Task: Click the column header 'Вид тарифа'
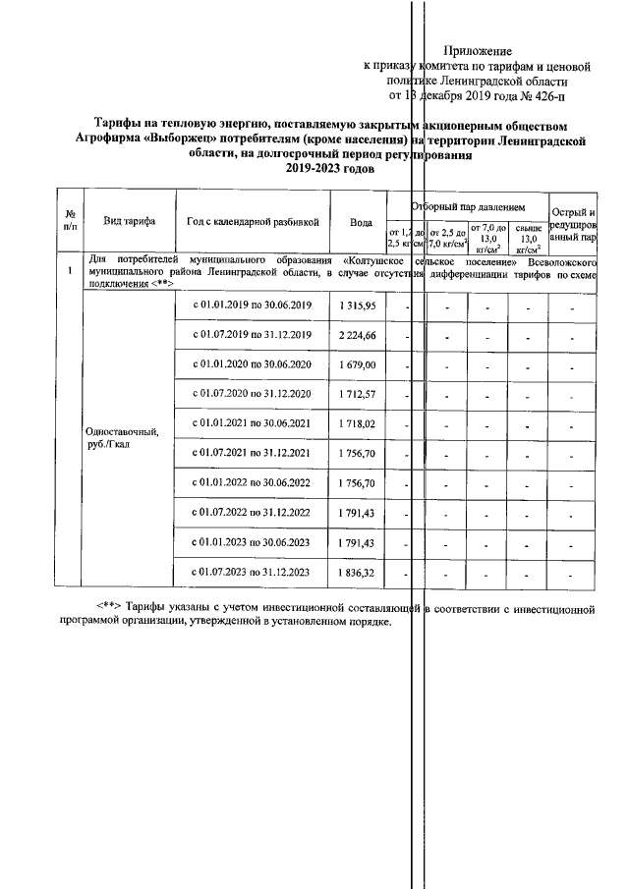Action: click(x=130, y=221)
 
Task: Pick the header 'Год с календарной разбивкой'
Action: click(x=254, y=221)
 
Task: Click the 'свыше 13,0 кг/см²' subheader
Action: click(x=528, y=237)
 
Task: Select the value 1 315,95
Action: click(x=358, y=307)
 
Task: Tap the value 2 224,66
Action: click(x=358, y=336)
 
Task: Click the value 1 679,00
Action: click(x=358, y=365)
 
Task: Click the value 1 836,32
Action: click(x=358, y=571)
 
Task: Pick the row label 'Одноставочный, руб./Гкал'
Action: click(x=121, y=437)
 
